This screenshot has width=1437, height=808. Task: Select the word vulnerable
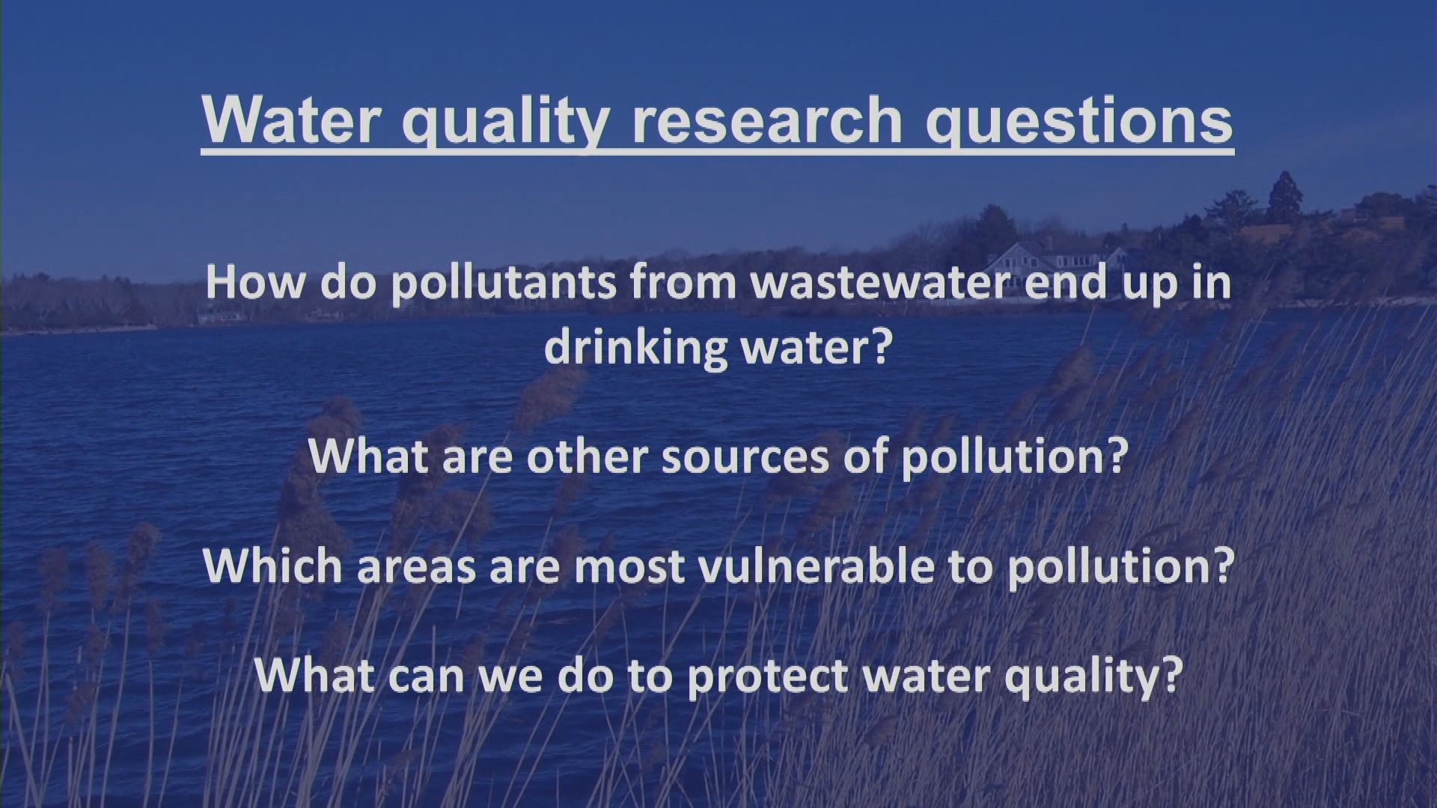coord(817,565)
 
